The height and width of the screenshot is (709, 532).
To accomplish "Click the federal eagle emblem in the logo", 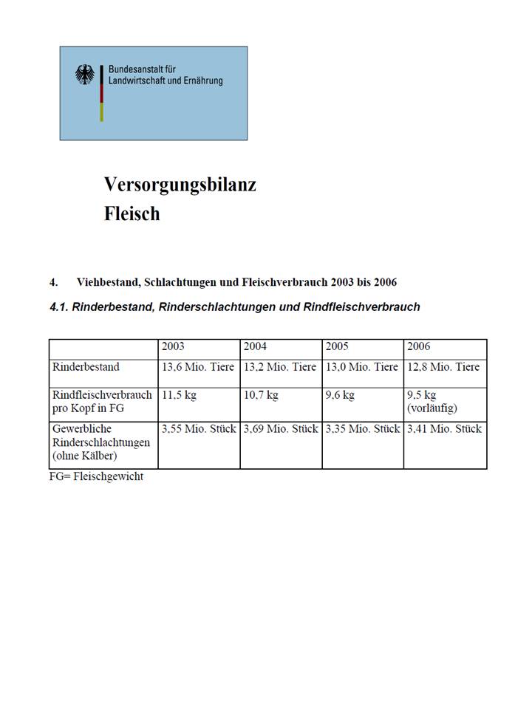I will (85, 75).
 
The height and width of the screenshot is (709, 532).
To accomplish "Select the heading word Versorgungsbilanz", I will (180, 185).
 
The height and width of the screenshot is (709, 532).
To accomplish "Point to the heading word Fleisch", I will (132, 214).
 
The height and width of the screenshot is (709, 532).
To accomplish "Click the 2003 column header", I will (173, 346).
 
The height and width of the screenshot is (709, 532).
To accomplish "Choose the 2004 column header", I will (256, 346).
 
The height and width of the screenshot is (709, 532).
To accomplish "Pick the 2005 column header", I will (337, 346).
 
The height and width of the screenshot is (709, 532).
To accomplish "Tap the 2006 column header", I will (418, 346).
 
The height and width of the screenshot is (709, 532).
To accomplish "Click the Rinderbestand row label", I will (86, 367).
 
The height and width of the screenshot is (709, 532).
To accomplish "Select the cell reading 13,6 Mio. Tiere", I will (198, 367).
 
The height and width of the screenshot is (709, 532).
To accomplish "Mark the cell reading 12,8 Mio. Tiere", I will (443, 367).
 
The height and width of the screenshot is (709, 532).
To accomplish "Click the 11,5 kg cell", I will (179, 395).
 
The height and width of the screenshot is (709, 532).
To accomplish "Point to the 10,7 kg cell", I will (261, 395).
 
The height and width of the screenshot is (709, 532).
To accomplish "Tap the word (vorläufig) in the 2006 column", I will (432, 408).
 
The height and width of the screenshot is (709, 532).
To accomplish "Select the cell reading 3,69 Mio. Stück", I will (281, 428).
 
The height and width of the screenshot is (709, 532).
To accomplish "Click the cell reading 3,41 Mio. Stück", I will (444, 428).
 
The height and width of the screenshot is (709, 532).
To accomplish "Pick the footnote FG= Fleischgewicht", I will (96, 476).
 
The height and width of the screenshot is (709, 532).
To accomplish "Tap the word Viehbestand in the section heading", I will (108, 283).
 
